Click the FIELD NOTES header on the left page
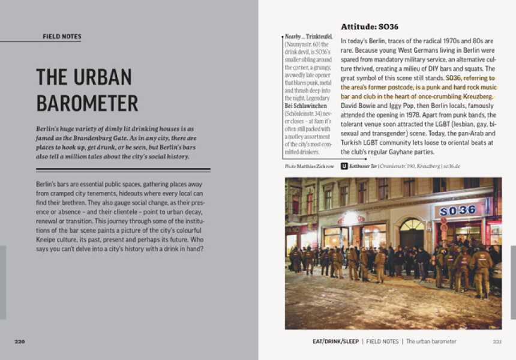click(x=62, y=37)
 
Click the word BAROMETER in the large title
click(x=87, y=103)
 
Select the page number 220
click(x=20, y=341)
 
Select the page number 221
click(x=497, y=341)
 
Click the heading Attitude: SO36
click(x=369, y=27)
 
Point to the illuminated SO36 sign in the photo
click(x=458, y=210)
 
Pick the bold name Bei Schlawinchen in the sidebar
click(x=305, y=106)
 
